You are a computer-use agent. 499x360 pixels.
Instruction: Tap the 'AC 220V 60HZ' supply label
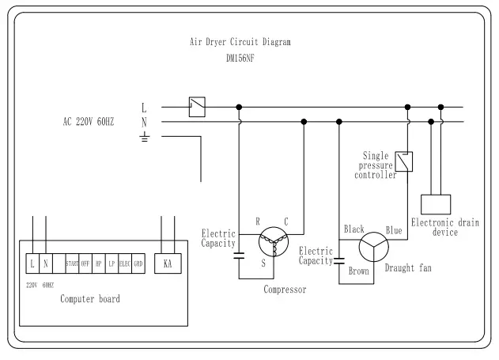89,122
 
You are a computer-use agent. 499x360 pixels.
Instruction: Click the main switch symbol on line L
197,106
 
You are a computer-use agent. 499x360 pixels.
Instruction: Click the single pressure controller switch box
403,162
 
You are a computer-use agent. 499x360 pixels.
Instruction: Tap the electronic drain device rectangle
435,203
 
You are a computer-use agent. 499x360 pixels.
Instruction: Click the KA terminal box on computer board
167,263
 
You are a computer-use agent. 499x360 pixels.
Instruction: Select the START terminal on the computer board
72,263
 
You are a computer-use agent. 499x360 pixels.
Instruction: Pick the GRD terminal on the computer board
138,263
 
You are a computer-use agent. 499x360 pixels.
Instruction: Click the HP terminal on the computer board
98,263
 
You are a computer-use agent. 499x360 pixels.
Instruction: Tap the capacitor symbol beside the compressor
239,256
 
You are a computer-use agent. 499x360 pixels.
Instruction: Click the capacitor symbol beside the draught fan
339,259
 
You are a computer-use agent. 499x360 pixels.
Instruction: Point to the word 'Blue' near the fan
394,229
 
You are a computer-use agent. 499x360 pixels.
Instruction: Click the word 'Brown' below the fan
357,271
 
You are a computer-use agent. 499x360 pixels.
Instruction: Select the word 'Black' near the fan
353,229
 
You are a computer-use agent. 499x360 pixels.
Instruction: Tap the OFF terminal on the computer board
85,263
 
